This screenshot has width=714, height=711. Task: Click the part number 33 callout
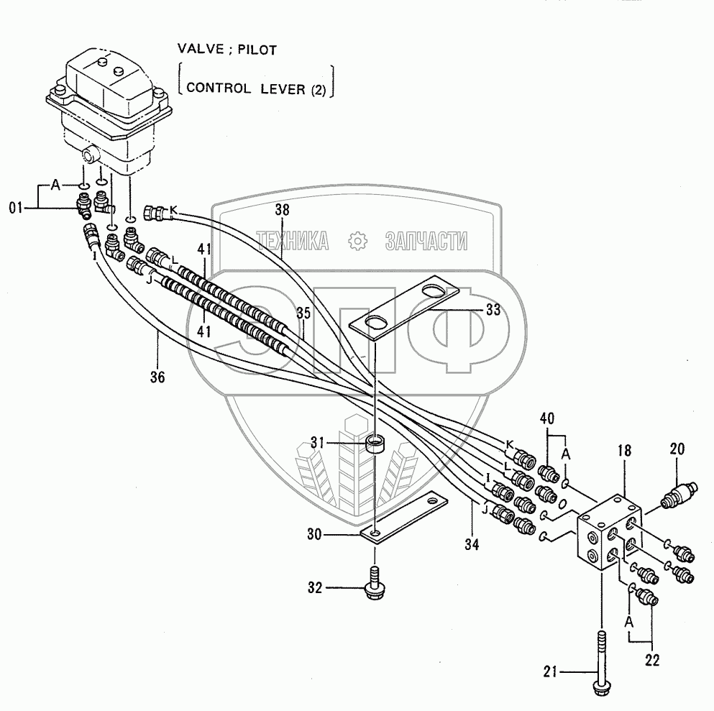(x=493, y=310)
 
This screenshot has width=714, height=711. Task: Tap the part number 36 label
(x=157, y=377)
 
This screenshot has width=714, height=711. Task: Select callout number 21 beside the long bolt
(x=551, y=671)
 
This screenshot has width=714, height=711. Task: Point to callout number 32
(x=315, y=587)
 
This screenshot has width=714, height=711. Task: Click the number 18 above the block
(x=624, y=451)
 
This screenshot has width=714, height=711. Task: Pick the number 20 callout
(x=677, y=449)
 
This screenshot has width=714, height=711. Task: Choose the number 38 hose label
(x=282, y=209)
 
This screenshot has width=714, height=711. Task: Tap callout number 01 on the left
(x=16, y=208)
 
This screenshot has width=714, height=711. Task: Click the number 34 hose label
(x=472, y=544)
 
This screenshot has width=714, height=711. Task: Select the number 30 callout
(x=315, y=534)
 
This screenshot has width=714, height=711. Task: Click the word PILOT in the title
(x=257, y=50)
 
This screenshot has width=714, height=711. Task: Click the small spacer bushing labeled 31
(x=375, y=443)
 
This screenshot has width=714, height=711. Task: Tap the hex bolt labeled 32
(x=373, y=584)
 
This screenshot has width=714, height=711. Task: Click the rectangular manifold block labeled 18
(x=609, y=532)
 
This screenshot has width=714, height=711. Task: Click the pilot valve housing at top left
(x=109, y=109)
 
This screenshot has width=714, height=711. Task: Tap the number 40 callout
(x=547, y=418)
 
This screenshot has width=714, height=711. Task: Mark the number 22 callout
(x=652, y=661)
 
